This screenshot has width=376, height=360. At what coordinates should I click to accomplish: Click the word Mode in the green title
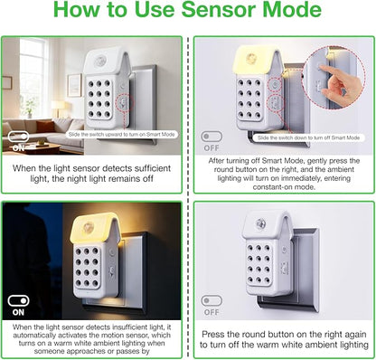point(292,9)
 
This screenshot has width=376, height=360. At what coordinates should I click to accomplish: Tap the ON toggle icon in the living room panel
point(19,137)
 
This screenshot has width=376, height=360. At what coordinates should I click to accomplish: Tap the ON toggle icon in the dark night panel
point(18,300)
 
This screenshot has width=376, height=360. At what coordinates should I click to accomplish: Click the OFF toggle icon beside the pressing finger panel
point(211,137)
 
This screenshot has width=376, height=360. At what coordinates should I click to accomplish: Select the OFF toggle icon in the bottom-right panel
point(211,300)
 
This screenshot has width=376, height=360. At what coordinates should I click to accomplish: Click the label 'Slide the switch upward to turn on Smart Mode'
point(122,135)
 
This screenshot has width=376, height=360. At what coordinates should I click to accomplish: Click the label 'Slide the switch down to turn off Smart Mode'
point(309,137)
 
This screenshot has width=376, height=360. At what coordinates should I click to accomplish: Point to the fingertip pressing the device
point(323,68)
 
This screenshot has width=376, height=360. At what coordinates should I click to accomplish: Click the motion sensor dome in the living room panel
point(99,61)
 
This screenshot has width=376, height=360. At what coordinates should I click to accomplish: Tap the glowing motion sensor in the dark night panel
point(88,227)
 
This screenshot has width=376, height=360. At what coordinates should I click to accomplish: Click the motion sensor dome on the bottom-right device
point(259,223)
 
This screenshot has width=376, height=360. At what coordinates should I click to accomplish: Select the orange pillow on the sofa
point(46,126)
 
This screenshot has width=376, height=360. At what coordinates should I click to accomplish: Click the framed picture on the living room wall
point(74,85)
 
